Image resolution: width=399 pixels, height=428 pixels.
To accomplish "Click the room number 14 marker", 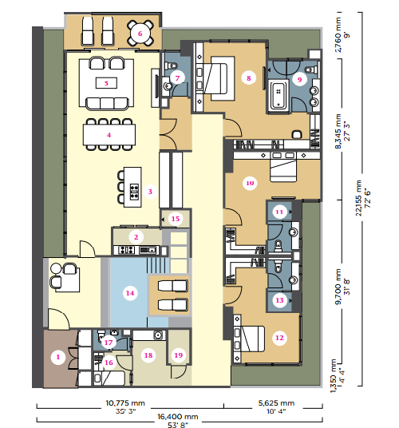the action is tap(130, 293).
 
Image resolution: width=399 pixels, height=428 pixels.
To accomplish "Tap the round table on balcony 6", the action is tap(140, 34).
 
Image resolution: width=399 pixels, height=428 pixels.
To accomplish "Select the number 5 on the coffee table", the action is tap(106, 83).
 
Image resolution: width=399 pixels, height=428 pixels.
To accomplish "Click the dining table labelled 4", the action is tap(109, 135).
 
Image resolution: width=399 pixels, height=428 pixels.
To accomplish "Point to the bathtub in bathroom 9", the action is tap(279, 95).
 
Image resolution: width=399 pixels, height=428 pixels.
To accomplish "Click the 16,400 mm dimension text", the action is tap(177, 417).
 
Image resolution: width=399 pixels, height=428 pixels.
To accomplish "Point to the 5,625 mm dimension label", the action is tap(276, 403).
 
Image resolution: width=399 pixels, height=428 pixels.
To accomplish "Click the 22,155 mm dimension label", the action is tap(359, 198).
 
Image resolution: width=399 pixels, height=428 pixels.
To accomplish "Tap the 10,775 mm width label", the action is tap(125, 403).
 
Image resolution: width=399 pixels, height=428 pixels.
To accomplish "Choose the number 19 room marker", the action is tap(179, 355).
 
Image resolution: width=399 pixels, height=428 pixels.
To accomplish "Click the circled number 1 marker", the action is tap(58, 357).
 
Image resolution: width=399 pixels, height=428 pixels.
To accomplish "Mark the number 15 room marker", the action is tap(176, 219).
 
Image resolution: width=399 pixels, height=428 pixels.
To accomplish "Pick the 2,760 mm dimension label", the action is tap(338, 34).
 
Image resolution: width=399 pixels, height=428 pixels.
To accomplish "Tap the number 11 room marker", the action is tap(279, 212).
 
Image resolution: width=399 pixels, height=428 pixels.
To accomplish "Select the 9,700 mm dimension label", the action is tap(338, 287).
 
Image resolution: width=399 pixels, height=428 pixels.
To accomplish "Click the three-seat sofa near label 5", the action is tap(107, 104).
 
